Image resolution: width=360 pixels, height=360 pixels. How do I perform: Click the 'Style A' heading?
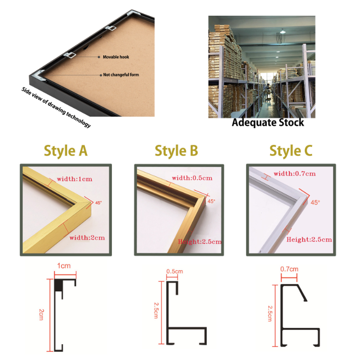coord(66,151)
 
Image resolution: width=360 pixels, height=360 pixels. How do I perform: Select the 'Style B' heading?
coord(176,151)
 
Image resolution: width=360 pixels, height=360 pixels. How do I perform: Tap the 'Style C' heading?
coord(291,151)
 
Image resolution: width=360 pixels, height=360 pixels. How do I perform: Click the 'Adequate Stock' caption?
coord(268,122)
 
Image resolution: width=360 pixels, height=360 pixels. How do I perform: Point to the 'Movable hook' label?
coord(116,57)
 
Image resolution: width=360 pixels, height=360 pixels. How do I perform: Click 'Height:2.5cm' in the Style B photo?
coord(200,241)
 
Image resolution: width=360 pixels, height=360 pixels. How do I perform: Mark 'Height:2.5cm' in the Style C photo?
coord(309,239)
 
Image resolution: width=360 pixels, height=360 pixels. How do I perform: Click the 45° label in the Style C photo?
coord(315,203)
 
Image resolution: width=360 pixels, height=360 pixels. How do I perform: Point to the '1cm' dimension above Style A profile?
coord(64,265)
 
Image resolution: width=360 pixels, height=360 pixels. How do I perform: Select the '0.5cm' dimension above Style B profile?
coord(174,272)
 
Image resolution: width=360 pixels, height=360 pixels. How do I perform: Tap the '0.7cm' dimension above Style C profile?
coord(288,269)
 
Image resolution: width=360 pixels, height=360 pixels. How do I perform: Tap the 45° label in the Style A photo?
coord(98,203)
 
